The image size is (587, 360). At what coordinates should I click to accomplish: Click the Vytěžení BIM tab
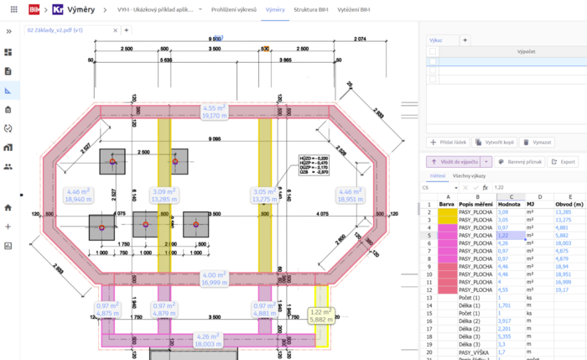[x=355, y=10]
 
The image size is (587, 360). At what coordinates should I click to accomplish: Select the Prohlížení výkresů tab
[x=234, y=10]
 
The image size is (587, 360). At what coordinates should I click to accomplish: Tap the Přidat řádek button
[x=449, y=143]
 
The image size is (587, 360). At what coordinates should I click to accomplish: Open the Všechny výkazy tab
[x=470, y=176]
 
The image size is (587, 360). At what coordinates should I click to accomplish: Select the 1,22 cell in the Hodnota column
[x=509, y=236]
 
